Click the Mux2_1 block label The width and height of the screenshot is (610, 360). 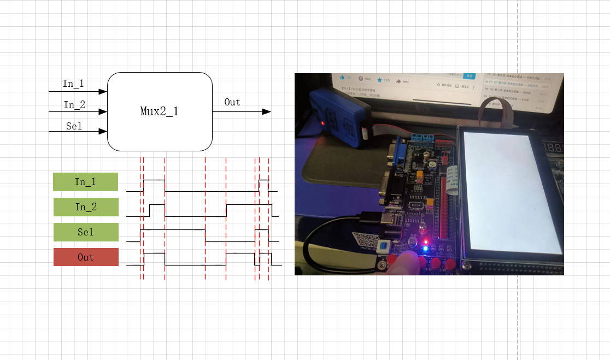pyautogui.click(x=159, y=112)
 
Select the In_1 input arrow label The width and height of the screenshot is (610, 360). pyautogui.click(x=73, y=84)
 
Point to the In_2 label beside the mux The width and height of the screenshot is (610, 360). pyautogui.click(x=74, y=105)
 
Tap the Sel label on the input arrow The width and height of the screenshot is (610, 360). pyautogui.click(x=74, y=126)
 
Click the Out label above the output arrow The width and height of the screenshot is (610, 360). pyautogui.click(x=232, y=102)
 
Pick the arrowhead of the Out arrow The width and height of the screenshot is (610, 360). pyautogui.click(x=267, y=111)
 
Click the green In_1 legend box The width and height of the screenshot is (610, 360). pyautogui.click(x=85, y=182)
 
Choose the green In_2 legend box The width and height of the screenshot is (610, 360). pyautogui.click(x=86, y=207)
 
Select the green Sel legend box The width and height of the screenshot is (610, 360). pyautogui.click(x=86, y=232)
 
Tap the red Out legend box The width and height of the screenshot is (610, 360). pyautogui.click(x=86, y=257)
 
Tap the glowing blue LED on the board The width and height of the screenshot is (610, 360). pyautogui.click(x=426, y=249)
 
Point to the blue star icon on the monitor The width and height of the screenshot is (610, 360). pyautogui.click(x=379, y=80)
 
